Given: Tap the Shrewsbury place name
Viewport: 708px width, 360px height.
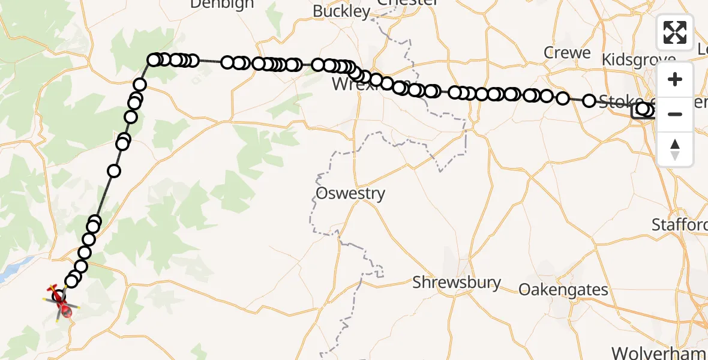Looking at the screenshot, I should pyautogui.click(x=457, y=282).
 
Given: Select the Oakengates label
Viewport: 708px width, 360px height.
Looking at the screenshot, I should pyautogui.click(x=563, y=290).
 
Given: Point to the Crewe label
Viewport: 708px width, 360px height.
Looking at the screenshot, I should pyautogui.click(x=567, y=53).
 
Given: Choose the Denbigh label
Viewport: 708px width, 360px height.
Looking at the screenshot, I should pyautogui.click(x=221, y=4).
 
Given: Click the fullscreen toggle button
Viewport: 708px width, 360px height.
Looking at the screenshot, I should pyautogui.click(x=675, y=32).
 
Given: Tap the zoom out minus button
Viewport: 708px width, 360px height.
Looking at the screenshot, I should pyautogui.click(x=675, y=115).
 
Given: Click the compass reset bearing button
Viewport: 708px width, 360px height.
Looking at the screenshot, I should pyautogui.click(x=675, y=149).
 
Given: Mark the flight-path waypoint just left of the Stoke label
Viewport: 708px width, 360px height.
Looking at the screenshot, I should pyautogui.click(x=589, y=101).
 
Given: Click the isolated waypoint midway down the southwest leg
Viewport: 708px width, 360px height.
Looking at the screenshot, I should pyautogui.click(x=114, y=171).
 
